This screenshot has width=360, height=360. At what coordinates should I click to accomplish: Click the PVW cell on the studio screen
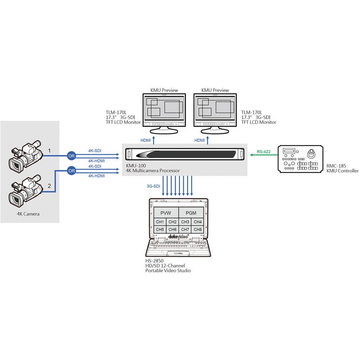[166, 213]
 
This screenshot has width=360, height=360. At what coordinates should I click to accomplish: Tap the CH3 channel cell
[185, 222]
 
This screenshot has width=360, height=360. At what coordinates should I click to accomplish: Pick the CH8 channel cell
[197, 229]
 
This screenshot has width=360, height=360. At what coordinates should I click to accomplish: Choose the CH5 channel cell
[160, 229]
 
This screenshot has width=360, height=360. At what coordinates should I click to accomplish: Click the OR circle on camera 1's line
[71, 156]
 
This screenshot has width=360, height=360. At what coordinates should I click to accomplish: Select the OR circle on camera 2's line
[71, 170]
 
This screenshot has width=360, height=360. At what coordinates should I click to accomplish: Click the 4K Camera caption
[28, 214]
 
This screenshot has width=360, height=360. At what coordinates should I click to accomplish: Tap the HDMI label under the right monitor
[199, 140]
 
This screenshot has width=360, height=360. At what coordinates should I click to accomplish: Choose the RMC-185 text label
[336, 166]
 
